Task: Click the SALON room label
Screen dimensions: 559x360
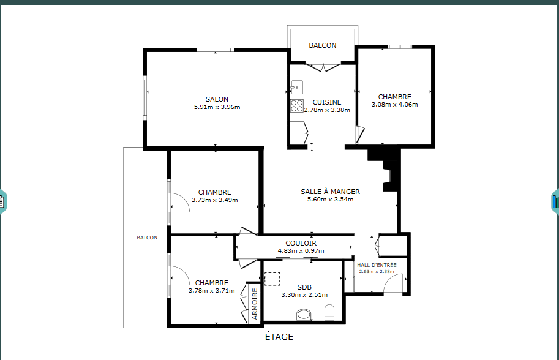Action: (x=217, y=99)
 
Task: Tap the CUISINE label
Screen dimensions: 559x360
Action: (x=327, y=102)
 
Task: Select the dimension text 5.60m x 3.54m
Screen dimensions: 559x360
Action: (x=330, y=200)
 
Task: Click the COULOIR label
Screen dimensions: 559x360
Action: (x=301, y=243)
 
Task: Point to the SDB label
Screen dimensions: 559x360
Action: (x=304, y=287)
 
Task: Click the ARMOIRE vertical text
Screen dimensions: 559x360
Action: (x=255, y=304)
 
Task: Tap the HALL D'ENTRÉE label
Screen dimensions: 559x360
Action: (x=377, y=265)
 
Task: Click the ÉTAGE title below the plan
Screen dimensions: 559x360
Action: (x=279, y=337)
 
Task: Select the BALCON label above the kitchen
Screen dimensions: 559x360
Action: (x=323, y=45)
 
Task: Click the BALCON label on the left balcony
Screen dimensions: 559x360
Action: (x=147, y=238)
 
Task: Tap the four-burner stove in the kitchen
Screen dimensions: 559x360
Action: (x=296, y=106)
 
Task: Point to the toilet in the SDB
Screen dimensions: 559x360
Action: (x=329, y=312)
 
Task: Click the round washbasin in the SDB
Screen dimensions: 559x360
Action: (x=304, y=315)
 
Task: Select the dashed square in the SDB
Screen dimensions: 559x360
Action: (x=272, y=279)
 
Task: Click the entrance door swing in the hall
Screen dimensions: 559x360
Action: (x=393, y=283)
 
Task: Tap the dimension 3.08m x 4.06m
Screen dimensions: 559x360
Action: (x=395, y=105)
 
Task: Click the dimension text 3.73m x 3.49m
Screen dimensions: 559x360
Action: (x=215, y=200)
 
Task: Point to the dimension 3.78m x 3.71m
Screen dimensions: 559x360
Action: (x=211, y=291)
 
